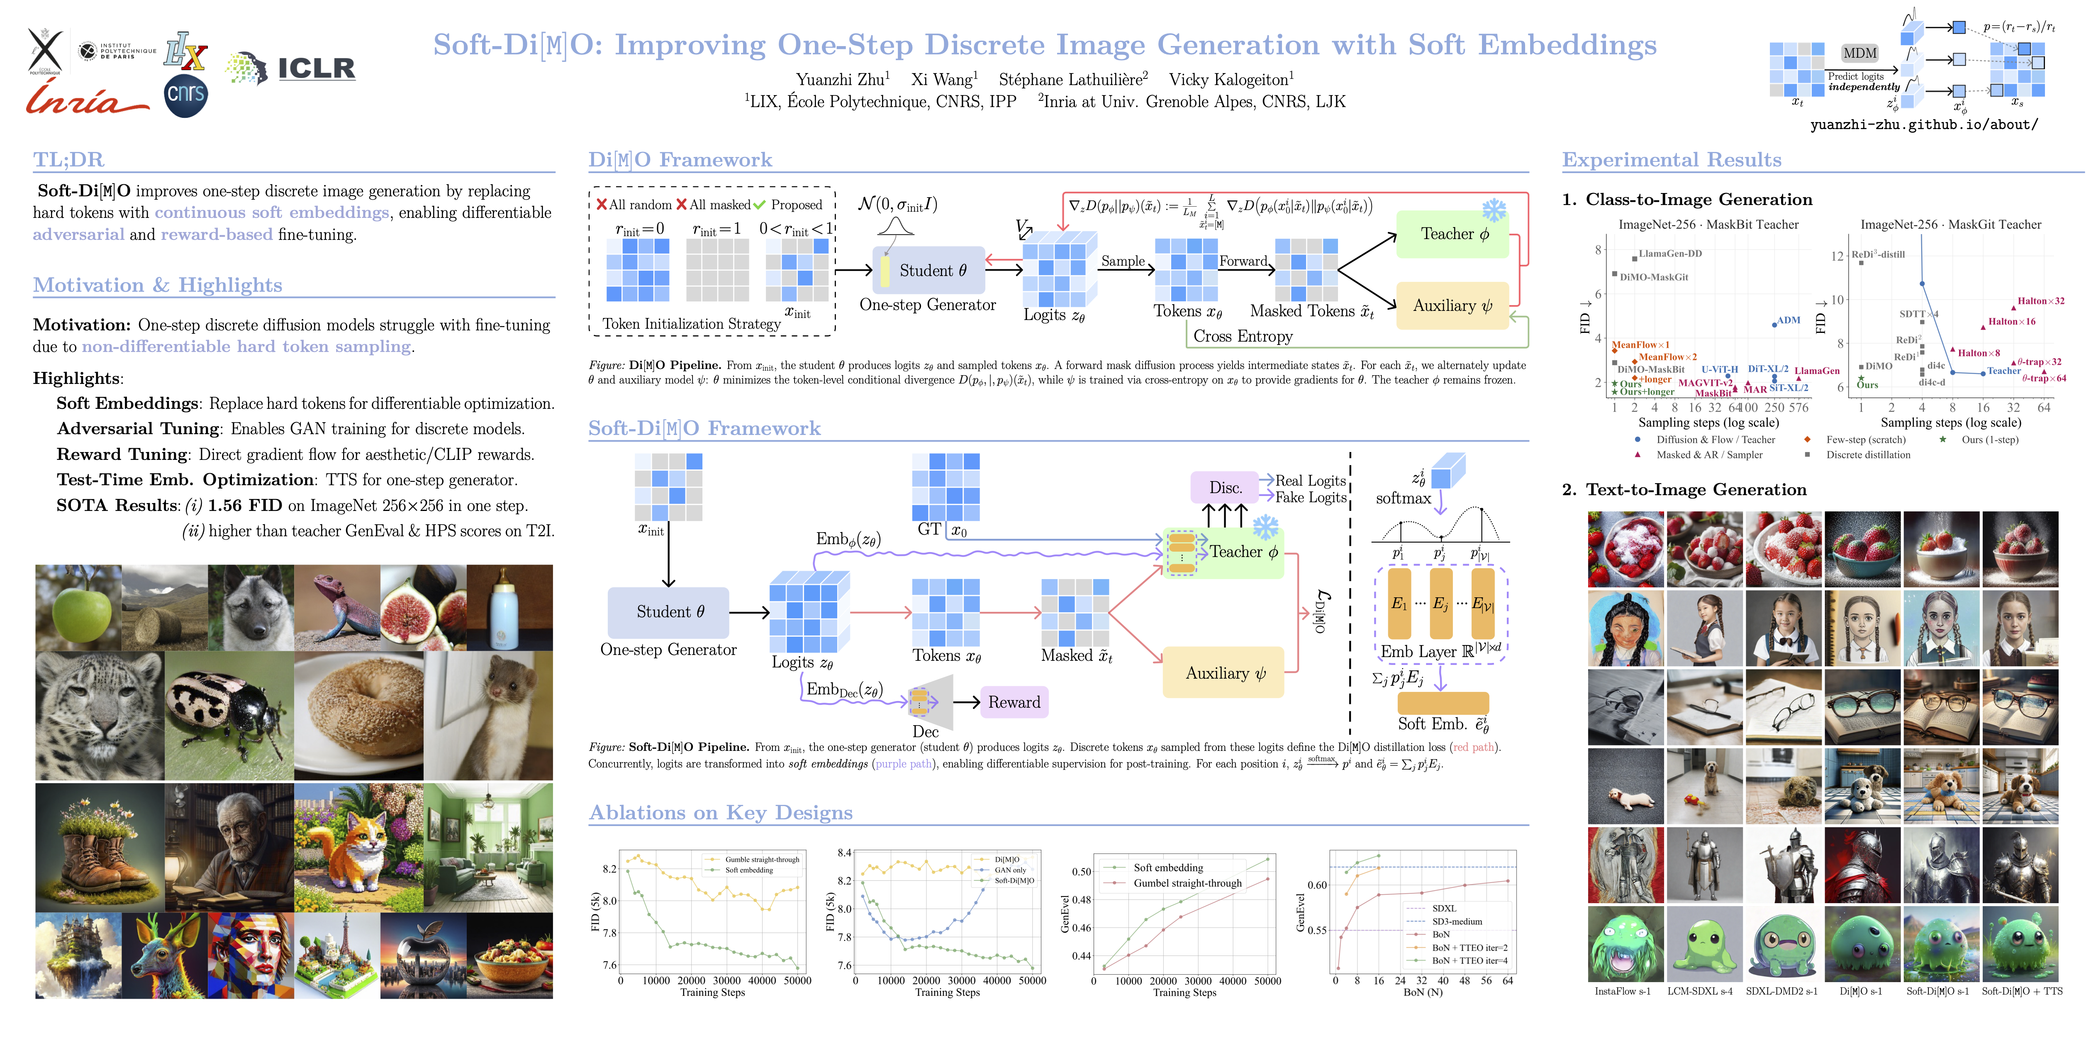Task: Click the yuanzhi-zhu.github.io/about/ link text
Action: click(x=1924, y=124)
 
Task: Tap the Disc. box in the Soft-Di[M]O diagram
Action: click(x=1225, y=487)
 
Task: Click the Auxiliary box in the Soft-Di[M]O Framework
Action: click(x=1224, y=672)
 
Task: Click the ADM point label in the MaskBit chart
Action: click(x=1788, y=320)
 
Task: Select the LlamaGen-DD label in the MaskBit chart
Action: click(x=1670, y=253)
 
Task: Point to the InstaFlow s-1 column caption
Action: click(x=1622, y=991)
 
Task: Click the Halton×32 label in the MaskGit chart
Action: click(x=2041, y=301)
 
